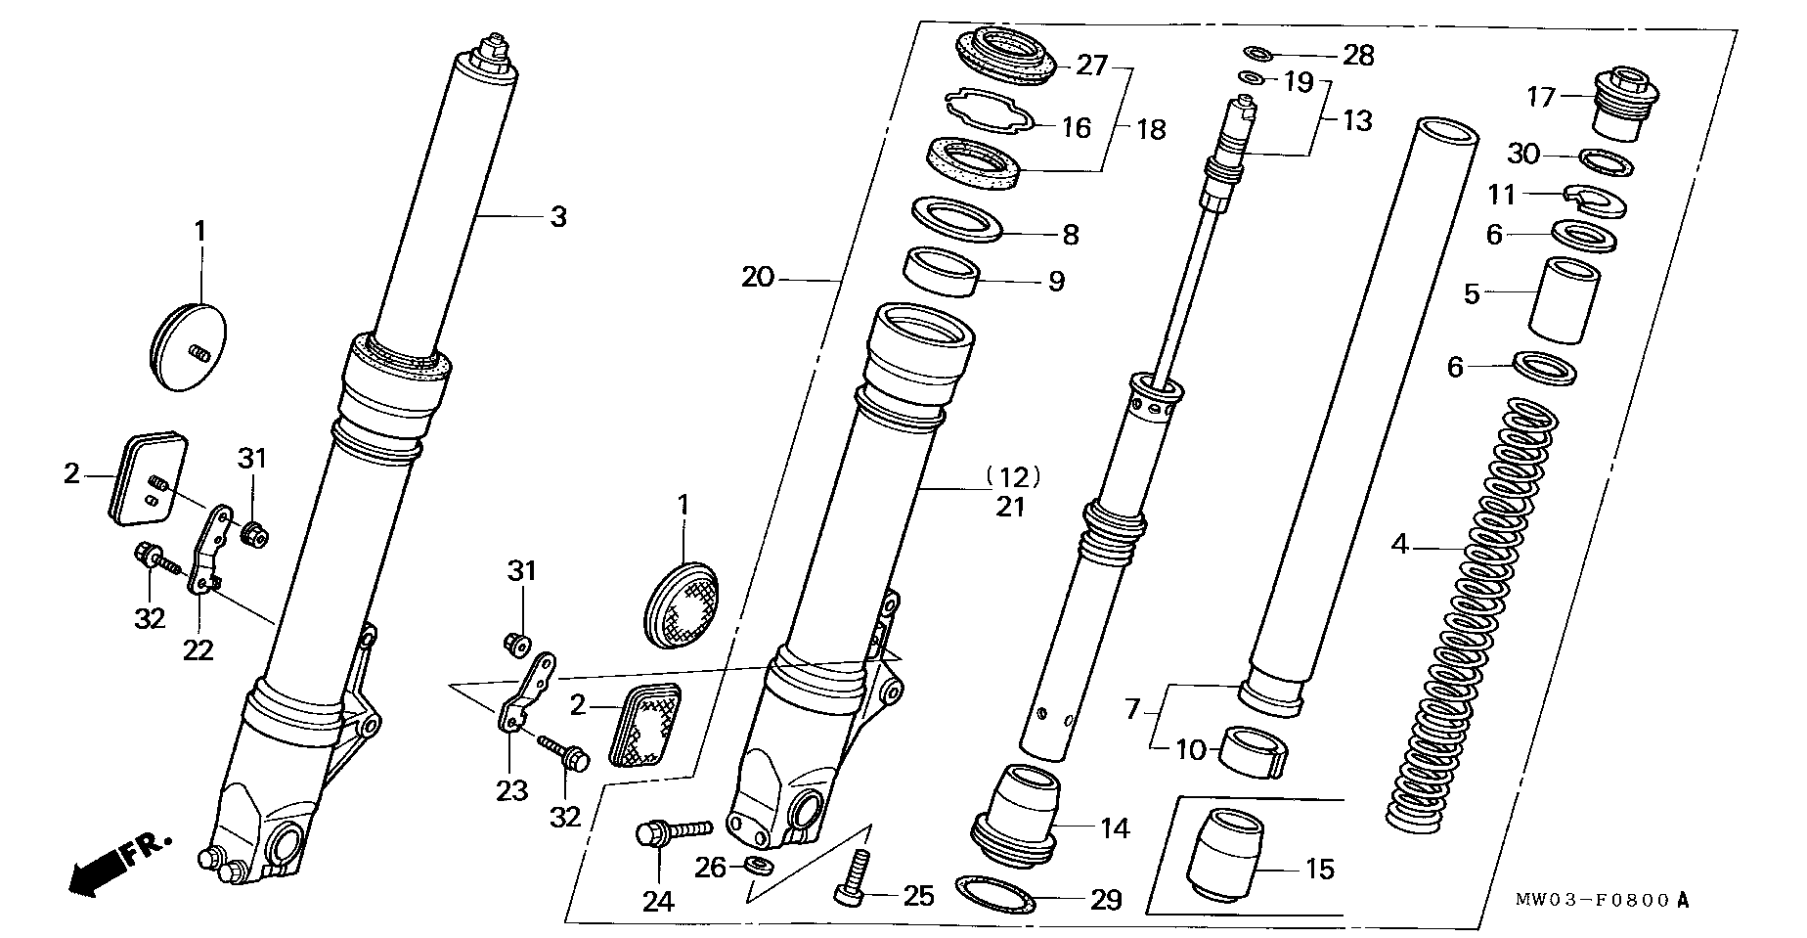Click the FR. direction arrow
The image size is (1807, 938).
(115, 864)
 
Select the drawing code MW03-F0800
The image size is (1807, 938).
(1603, 901)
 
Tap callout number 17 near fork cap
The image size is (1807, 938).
(1541, 97)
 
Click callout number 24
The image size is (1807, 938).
(658, 900)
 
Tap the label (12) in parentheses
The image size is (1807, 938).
(1012, 476)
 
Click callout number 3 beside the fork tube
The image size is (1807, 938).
(557, 216)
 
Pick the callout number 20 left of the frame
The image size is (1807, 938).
(757, 278)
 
